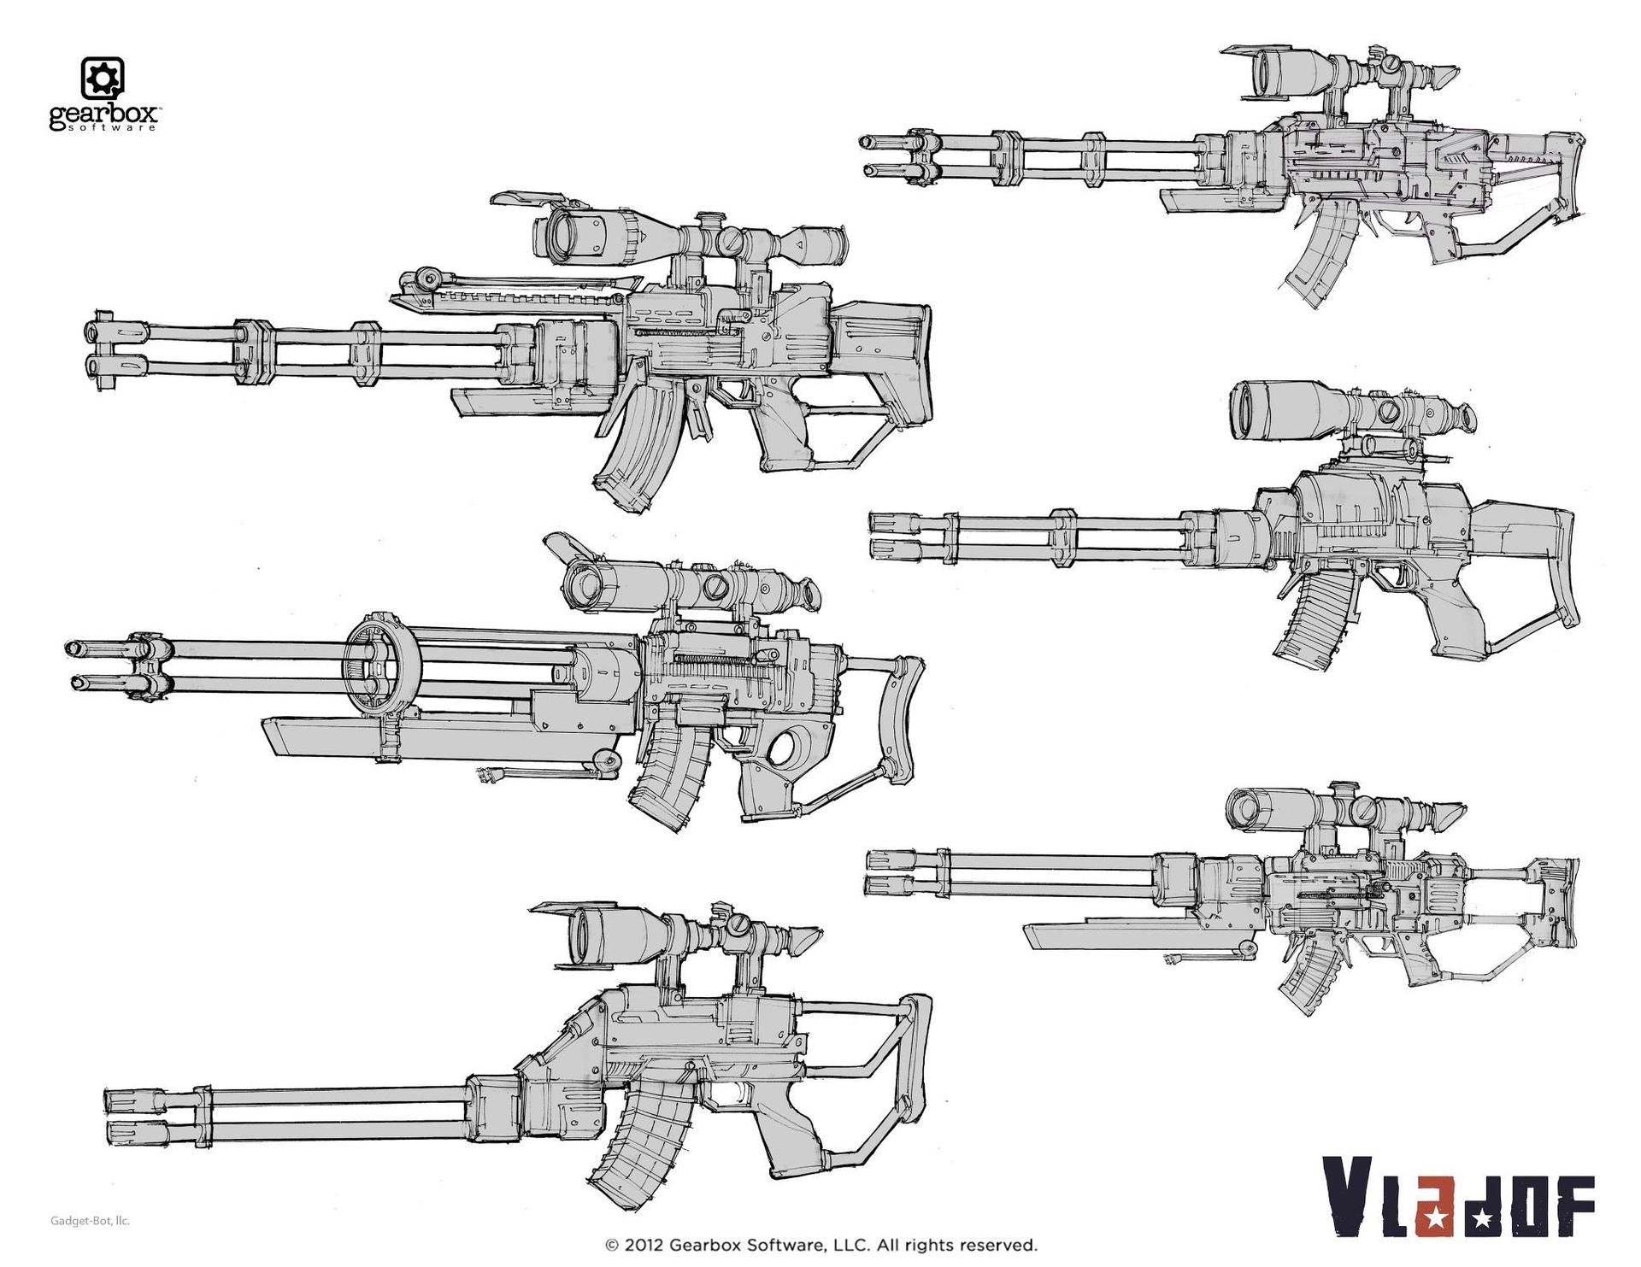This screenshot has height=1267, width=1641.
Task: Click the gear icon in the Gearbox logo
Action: pyautogui.click(x=103, y=79)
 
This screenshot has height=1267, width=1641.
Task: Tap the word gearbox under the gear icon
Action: pyautogui.click(x=102, y=116)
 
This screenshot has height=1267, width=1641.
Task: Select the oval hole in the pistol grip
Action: pyautogui.click(x=784, y=749)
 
